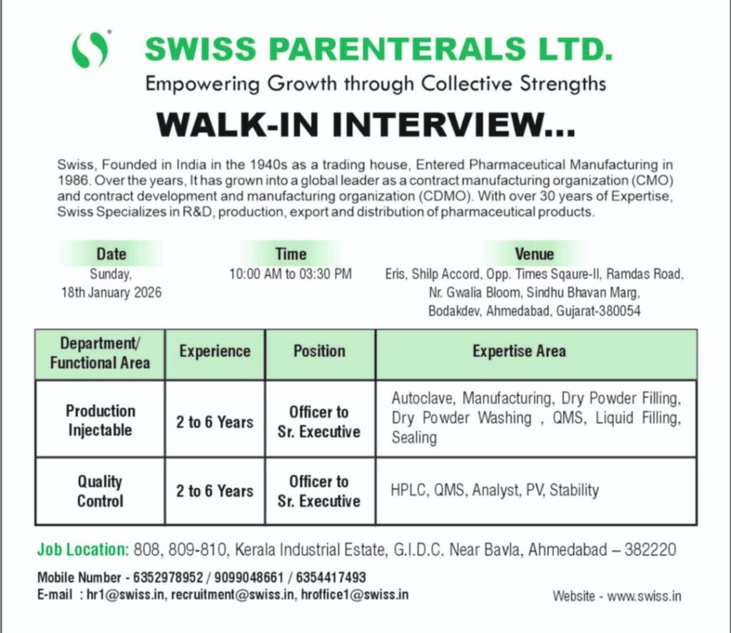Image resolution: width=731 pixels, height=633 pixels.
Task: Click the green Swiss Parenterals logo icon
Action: click(x=91, y=50)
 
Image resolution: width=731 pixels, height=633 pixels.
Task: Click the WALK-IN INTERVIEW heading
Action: click(x=365, y=126)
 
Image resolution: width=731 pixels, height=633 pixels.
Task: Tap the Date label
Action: click(x=111, y=254)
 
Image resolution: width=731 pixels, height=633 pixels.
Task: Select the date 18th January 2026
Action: click(x=111, y=292)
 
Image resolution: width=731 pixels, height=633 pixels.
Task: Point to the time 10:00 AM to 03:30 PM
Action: click(x=291, y=274)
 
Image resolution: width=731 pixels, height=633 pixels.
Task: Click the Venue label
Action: click(x=534, y=254)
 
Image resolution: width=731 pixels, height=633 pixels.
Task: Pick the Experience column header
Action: click(x=215, y=352)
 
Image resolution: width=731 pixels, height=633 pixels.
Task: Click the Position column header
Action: click(x=319, y=352)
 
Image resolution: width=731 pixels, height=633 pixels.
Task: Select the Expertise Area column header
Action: click(x=519, y=352)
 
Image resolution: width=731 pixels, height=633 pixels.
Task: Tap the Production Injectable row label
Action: click(x=100, y=420)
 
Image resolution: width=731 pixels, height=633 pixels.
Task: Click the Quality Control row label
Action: click(x=100, y=491)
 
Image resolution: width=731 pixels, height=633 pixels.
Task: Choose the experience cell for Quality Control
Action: click(x=215, y=492)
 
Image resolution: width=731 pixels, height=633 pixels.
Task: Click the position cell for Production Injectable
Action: click(x=319, y=422)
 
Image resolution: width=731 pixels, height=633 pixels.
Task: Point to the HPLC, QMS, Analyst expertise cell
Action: click(x=495, y=490)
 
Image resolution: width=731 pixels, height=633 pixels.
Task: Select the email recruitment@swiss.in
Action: click(x=231, y=594)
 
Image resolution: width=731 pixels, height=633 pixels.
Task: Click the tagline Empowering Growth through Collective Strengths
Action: click(x=375, y=84)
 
